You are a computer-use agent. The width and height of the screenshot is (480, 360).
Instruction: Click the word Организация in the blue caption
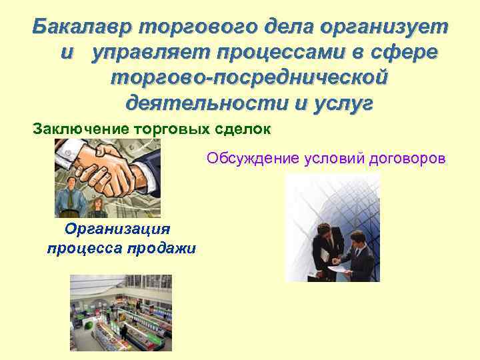[117, 229]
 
